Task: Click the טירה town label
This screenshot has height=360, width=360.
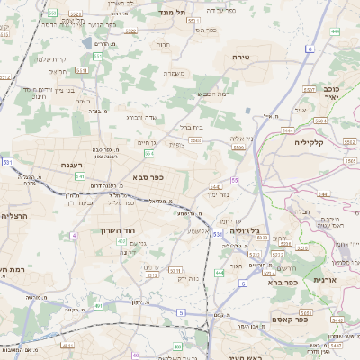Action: pyautogui.click(x=264, y=57)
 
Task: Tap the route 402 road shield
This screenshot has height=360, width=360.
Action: pyautogui.click(x=121, y=241)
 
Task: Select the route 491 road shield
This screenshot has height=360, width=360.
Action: pyautogui.click(x=98, y=307)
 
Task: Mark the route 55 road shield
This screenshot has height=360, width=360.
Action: pyautogui.click(x=234, y=180)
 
